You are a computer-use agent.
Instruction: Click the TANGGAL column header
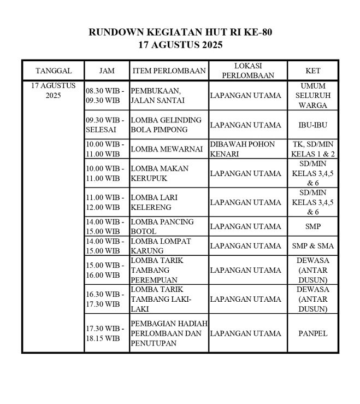[x=54, y=71]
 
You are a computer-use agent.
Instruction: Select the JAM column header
[x=107, y=71]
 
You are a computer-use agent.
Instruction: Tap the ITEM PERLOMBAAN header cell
[x=169, y=71]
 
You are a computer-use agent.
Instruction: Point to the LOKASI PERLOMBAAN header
[x=249, y=71]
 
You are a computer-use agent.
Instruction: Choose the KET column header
[x=313, y=71]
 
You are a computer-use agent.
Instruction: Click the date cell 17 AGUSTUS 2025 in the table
[x=54, y=90]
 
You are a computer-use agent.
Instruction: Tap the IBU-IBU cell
[x=313, y=125]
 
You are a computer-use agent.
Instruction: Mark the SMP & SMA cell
[x=313, y=245]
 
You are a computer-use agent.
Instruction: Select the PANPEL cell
[x=313, y=333]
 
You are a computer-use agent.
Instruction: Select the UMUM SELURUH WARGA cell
[x=313, y=96]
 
